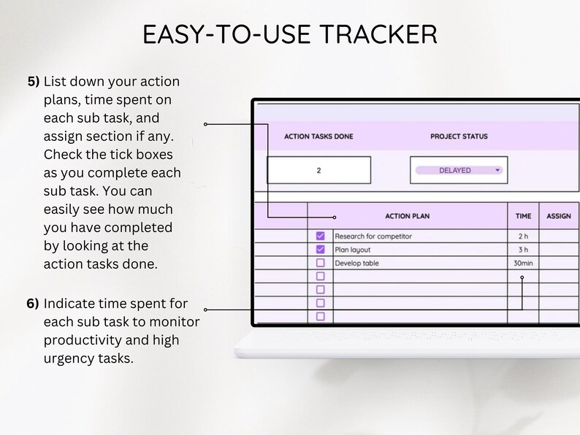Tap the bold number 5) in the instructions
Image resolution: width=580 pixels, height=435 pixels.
click(34, 81)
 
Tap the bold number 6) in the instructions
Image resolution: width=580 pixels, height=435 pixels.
click(34, 303)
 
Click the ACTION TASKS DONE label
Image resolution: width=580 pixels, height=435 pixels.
click(318, 136)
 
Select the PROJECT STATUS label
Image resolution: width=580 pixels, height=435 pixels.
click(459, 136)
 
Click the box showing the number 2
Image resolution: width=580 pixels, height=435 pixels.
click(318, 171)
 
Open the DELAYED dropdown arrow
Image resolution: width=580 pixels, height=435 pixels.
click(497, 171)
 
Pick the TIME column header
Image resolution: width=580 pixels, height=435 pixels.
click(523, 216)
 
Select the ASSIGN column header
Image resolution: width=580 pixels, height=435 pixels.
click(559, 216)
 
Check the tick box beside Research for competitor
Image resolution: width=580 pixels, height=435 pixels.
click(320, 236)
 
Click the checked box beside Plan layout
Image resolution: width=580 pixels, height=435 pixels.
click(320, 250)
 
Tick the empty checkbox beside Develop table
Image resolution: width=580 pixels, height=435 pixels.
click(320, 263)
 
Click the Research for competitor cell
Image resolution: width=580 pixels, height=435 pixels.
click(373, 236)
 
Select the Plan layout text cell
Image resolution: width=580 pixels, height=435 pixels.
click(352, 250)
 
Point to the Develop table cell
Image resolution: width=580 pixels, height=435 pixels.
click(356, 263)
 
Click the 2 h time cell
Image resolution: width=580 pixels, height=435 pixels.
click(523, 236)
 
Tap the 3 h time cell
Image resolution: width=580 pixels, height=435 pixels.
click(523, 250)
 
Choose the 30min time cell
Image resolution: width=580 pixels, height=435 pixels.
click(523, 263)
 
